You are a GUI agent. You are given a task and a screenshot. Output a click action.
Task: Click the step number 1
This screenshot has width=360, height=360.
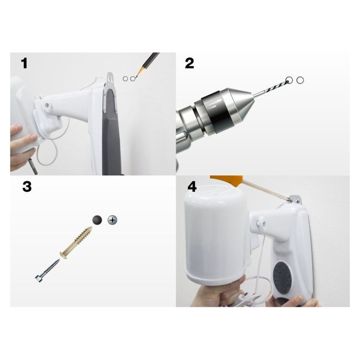(x=24, y=63)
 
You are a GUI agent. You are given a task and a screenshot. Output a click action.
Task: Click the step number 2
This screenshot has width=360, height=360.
(x=189, y=63)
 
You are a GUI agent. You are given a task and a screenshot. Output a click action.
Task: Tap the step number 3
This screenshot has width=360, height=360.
(x=27, y=186)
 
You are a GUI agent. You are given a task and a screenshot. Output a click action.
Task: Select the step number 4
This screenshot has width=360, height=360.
(x=192, y=186)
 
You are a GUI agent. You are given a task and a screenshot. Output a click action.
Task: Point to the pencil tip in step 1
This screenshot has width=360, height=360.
(x=136, y=77)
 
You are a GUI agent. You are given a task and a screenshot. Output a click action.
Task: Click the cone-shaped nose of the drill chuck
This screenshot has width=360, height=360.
(x=242, y=103)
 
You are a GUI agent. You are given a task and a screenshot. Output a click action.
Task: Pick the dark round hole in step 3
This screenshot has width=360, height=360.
(x=97, y=220)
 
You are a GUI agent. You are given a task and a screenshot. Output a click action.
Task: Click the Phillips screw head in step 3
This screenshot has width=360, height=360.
(x=112, y=220)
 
